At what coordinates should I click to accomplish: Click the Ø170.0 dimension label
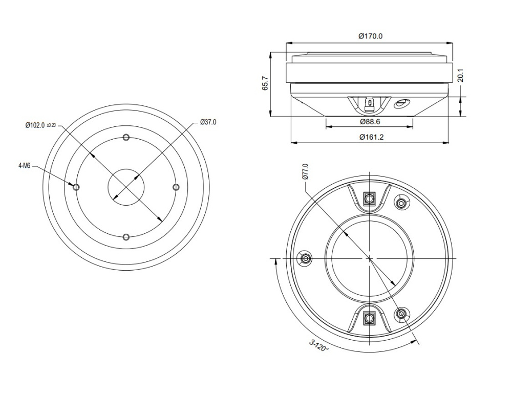[370, 36]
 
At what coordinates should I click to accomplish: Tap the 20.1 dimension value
[460, 75]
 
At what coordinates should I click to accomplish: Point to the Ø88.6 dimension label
[370, 122]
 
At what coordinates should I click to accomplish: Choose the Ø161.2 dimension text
[371, 137]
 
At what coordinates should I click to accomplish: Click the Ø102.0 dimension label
[35, 125]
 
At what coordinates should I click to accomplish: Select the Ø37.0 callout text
[208, 122]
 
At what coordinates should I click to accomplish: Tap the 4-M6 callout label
[25, 166]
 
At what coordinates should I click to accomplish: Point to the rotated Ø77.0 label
[305, 171]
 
